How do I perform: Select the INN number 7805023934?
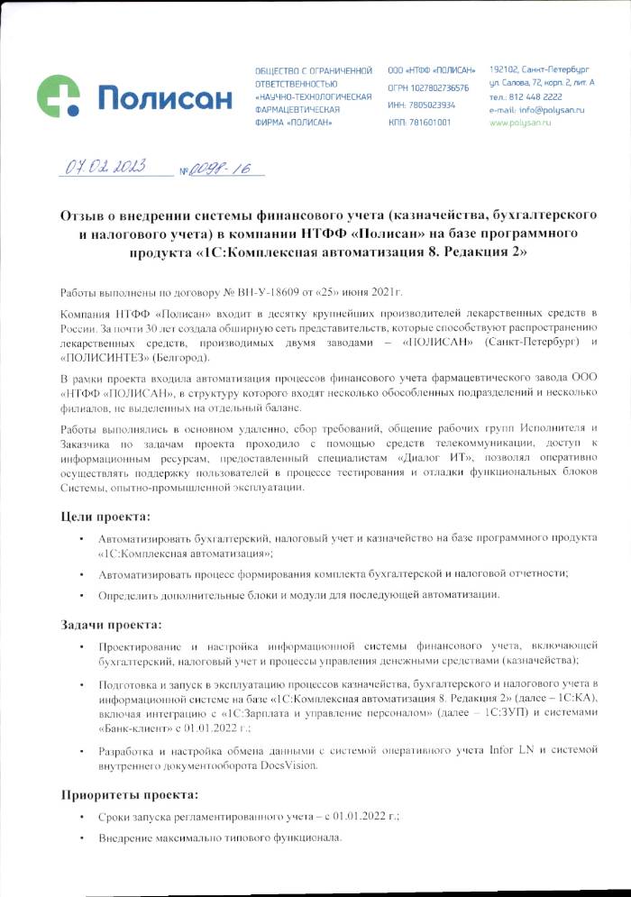point(434,105)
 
